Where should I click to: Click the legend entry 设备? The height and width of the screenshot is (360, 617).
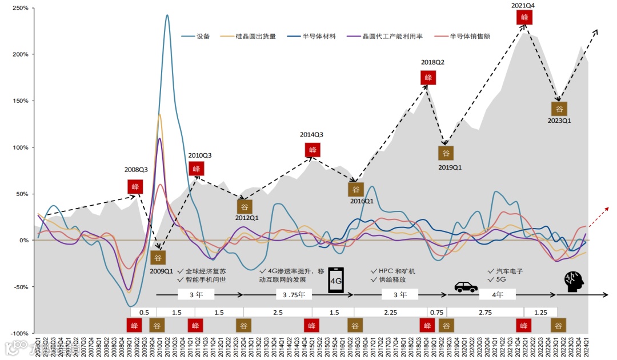click(203, 36)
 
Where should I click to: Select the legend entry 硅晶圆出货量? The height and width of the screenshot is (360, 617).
click(256, 36)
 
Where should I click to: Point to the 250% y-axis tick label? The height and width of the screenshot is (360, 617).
click(20, 9)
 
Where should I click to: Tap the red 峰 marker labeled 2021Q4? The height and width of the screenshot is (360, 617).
click(524, 17)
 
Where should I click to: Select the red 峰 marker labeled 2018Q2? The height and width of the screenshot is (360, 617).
click(428, 77)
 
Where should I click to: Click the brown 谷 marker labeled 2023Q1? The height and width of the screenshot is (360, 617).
click(559, 109)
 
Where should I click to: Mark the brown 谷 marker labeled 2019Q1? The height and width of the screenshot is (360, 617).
click(446, 153)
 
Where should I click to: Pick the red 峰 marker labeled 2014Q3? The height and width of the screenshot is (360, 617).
click(312, 150)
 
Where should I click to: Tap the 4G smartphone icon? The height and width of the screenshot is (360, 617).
click(336, 281)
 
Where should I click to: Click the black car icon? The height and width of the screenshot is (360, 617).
click(466, 286)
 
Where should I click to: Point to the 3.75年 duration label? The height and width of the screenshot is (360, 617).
click(294, 295)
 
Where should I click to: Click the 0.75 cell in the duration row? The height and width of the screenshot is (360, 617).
click(436, 312)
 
